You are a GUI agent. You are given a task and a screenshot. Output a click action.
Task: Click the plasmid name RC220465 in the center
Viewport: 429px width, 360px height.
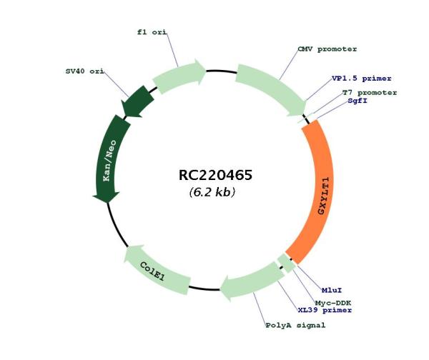(215, 175)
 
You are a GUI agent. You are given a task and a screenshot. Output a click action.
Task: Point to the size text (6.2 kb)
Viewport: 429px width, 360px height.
(212, 192)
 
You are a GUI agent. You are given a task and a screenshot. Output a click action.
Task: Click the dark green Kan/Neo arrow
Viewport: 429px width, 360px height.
(109, 159)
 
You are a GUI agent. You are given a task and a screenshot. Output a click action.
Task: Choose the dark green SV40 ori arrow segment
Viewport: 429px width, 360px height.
(136, 102)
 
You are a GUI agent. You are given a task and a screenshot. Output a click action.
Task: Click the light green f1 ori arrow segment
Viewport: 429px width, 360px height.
(179, 76)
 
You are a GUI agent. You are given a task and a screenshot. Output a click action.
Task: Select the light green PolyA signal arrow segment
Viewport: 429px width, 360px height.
(252, 281)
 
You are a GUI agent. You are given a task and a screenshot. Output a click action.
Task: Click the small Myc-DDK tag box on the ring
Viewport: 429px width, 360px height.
(286, 263)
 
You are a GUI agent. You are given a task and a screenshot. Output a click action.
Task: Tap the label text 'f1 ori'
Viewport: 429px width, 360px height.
(152, 32)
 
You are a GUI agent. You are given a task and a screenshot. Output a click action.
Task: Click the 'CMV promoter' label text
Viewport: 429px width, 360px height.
(327, 49)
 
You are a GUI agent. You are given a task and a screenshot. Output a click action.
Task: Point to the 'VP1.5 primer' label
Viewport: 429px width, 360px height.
(361, 79)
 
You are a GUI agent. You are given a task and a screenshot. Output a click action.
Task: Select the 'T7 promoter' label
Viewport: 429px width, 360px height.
(370, 93)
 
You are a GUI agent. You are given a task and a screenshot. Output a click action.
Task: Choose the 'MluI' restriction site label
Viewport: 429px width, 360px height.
(332, 290)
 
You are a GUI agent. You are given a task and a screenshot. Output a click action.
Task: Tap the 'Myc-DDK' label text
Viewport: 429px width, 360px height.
(333, 303)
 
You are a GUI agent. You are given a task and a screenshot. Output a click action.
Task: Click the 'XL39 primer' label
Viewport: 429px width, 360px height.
(325, 310)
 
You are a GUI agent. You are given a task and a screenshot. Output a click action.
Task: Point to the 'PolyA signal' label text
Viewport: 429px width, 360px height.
(296, 325)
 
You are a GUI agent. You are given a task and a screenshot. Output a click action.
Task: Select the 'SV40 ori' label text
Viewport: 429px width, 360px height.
(85, 71)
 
